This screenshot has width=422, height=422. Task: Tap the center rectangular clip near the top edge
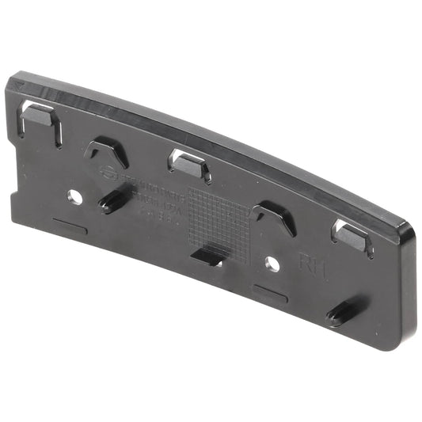pyautogui.click(x=188, y=162)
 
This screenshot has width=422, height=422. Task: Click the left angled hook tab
pyautogui.click(x=107, y=151)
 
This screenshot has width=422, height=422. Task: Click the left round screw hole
pyautogui.click(x=74, y=195)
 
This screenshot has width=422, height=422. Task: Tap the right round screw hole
pyautogui.click(x=272, y=264)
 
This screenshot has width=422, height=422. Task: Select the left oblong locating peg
pyautogui.click(x=110, y=203)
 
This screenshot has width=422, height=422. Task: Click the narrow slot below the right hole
pyautogui.click(x=270, y=294)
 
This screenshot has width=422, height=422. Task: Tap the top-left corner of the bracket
pyautogui.click(x=14, y=80)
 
